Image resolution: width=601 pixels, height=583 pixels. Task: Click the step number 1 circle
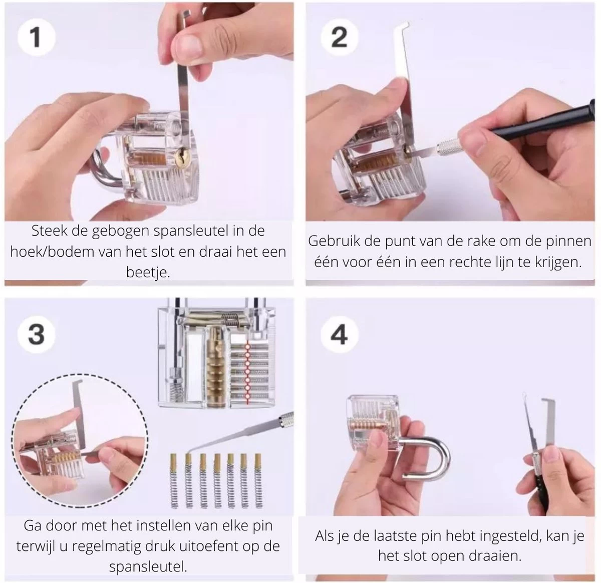coord(37,37)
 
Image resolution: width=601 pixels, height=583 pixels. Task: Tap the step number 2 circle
coord(339,38)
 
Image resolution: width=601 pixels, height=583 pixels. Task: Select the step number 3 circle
coord(37,334)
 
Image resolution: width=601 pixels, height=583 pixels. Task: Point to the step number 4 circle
coord(339,335)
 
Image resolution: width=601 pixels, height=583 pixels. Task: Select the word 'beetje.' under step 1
coord(148,273)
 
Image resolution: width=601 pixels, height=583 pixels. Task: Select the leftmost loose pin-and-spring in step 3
coord(174,481)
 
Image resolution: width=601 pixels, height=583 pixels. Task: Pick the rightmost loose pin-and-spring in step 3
coord(258,481)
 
